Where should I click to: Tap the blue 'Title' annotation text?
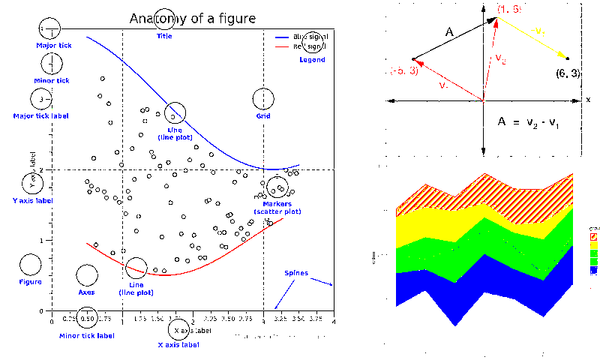[164, 36]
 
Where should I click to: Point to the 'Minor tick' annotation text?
[52, 80]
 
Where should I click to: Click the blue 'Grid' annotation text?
[263, 116]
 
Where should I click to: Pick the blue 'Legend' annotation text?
[312, 60]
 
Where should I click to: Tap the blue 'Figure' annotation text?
[30, 282]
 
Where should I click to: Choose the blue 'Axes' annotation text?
[86, 292]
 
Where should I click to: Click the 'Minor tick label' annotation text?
[87, 335]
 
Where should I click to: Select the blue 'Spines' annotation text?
[295, 273]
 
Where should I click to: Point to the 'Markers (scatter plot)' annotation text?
[277, 208]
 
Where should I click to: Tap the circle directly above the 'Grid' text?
[263, 98]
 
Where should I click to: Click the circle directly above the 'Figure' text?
[30, 264]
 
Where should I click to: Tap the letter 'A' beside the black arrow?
[450, 32]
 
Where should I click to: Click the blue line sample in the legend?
[283, 36]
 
